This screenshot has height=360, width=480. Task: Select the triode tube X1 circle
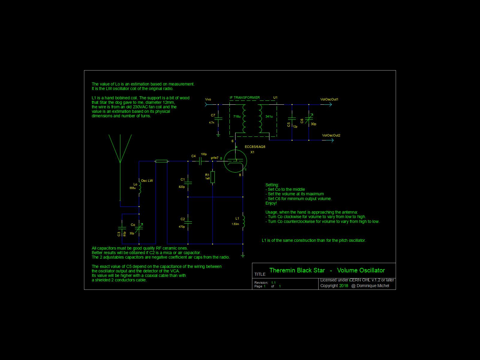point(235,161)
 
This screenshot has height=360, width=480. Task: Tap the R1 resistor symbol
point(213,177)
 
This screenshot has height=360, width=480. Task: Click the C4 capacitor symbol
point(200,161)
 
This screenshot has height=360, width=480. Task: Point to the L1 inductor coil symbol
point(243,221)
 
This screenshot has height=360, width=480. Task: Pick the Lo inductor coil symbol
point(139,187)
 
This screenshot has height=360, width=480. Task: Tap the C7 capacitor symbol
point(218,119)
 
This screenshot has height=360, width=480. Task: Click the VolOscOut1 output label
point(329,99)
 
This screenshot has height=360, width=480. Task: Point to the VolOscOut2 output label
point(331,135)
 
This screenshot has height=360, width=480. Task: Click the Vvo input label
point(208,99)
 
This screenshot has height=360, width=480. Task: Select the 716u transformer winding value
point(237,116)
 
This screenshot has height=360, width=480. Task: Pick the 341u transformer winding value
point(269,116)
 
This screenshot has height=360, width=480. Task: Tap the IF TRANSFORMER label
point(244,97)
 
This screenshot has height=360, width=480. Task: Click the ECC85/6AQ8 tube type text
point(255,147)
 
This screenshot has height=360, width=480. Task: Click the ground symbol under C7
point(218,135)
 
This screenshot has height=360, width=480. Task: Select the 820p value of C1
point(181,187)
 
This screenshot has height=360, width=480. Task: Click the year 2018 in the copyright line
point(343,286)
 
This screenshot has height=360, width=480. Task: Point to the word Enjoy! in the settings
point(271,203)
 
